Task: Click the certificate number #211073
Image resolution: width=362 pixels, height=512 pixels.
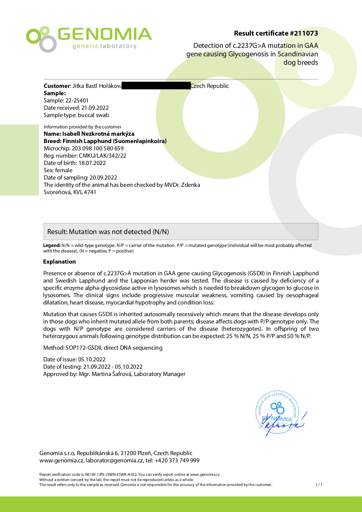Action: point(304,33)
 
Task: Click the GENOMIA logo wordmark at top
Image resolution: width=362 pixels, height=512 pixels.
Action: point(104,34)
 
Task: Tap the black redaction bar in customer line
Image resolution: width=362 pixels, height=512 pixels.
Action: point(156,86)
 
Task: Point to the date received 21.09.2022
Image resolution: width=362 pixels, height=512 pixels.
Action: point(95,108)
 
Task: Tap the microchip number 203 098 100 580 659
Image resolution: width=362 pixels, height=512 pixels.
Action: point(98,148)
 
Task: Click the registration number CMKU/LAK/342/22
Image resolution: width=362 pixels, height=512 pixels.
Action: point(102,156)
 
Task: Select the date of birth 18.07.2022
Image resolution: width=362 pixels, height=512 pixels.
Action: point(92,163)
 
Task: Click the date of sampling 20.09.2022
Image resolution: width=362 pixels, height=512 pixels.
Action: point(103,177)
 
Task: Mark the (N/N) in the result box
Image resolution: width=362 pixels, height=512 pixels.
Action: point(160,232)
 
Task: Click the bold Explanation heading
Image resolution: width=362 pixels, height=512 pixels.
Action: point(60,262)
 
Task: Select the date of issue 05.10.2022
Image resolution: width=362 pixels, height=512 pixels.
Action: point(92,359)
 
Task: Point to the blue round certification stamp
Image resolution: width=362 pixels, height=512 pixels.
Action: point(278,412)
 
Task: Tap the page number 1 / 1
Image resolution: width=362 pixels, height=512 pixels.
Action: point(319,485)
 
